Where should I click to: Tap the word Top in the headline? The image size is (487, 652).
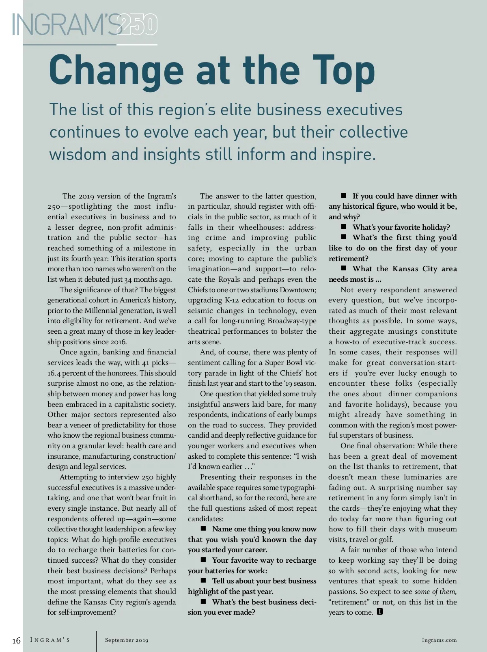343,70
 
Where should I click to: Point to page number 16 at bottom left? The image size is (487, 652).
16,641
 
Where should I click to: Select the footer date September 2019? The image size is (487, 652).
127,640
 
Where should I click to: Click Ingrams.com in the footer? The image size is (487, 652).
439,640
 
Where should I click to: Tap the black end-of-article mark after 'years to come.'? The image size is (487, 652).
380,611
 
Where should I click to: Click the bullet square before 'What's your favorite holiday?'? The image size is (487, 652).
344,227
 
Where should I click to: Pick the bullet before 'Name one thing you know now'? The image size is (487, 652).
203,528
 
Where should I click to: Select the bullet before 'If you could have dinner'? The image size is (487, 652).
344,195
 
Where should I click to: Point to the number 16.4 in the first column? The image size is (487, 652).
55,373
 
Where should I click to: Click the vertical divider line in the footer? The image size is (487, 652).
97,641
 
